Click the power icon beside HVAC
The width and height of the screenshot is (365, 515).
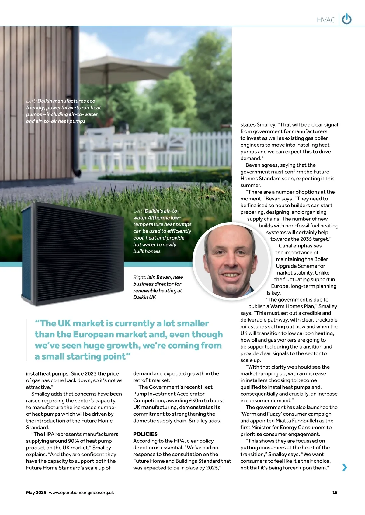pos(347,19)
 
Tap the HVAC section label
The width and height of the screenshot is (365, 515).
pos(326,20)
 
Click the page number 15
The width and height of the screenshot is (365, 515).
pos(335,493)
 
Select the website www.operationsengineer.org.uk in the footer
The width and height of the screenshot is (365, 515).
pos(81,493)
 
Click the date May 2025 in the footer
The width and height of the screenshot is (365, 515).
pos(36,493)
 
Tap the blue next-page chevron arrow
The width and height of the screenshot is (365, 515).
pos(344,467)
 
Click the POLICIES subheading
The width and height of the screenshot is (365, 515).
pos(145,434)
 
